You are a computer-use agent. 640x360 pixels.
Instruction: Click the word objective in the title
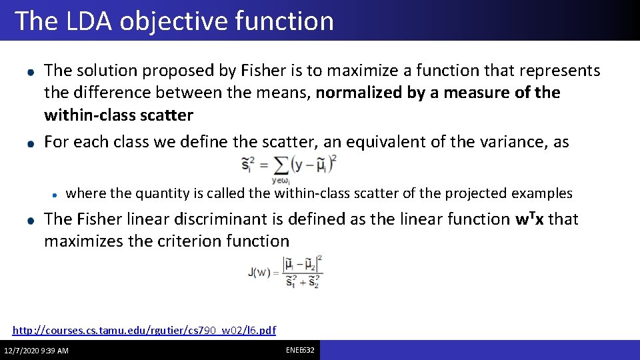pos(174,21)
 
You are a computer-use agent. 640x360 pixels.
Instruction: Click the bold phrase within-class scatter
pos(118,115)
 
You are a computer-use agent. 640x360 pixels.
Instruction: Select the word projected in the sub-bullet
pos(476,193)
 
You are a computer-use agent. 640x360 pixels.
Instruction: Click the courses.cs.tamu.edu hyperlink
pos(144,330)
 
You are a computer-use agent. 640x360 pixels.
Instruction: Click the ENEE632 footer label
pos(301,350)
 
